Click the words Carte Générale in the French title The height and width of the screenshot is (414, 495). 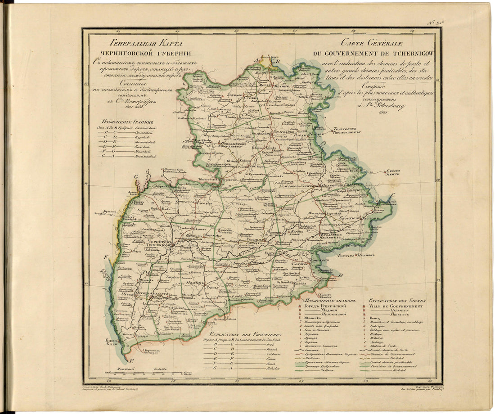coord(371,44)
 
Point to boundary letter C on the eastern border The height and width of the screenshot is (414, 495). coord(393,195)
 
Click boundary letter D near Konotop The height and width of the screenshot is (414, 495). coord(341,275)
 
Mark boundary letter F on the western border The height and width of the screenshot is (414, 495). coord(106,257)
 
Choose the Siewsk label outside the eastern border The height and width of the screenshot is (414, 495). coord(393,173)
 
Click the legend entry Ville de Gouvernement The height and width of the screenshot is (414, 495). coord(396,306)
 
